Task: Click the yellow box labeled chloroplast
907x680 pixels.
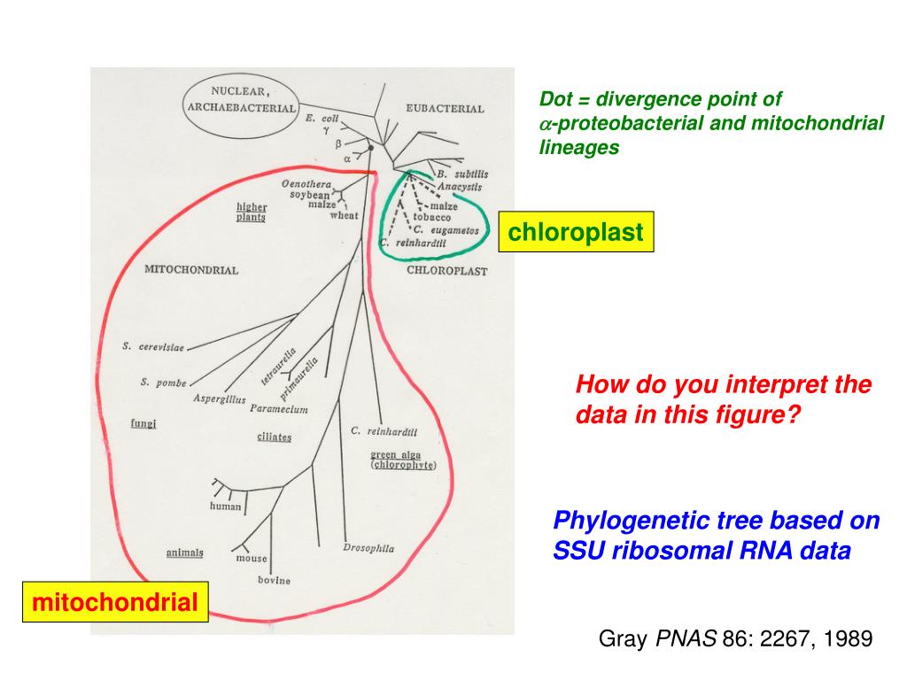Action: tap(576, 233)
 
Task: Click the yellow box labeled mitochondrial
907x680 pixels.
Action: tap(115, 603)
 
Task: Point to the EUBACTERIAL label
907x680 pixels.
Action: tap(445, 109)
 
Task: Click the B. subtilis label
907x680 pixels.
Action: tap(461, 174)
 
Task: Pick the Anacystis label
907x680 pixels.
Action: tap(459, 187)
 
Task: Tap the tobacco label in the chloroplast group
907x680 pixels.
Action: tap(432, 217)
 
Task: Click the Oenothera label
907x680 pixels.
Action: tap(306, 183)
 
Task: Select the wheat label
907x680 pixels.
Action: tap(344, 215)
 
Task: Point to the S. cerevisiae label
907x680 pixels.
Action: tap(153, 347)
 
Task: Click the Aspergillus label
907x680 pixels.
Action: tap(220, 399)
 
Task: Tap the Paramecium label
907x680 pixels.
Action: tap(278, 409)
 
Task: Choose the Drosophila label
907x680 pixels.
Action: tap(368, 548)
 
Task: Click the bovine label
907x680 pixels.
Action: tap(274, 581)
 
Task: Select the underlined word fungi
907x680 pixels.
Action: tap(143, 423)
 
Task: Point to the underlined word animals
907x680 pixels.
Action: tap(184, 552)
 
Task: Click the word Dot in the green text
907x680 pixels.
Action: tap(556, 100)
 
